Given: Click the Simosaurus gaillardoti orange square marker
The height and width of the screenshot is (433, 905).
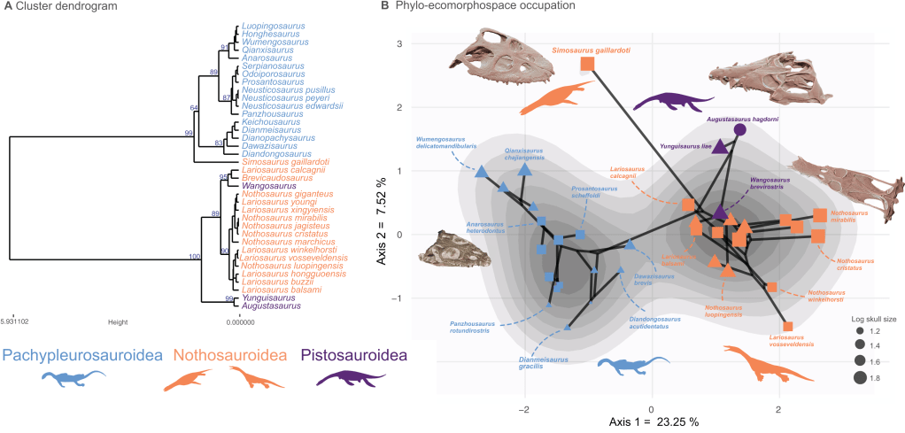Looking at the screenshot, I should (x=586, y=65).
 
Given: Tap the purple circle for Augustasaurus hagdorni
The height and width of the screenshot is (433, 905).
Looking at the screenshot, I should (x=740, y=129).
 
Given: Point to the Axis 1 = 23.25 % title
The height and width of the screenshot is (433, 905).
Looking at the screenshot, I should (x=654, y=422).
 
